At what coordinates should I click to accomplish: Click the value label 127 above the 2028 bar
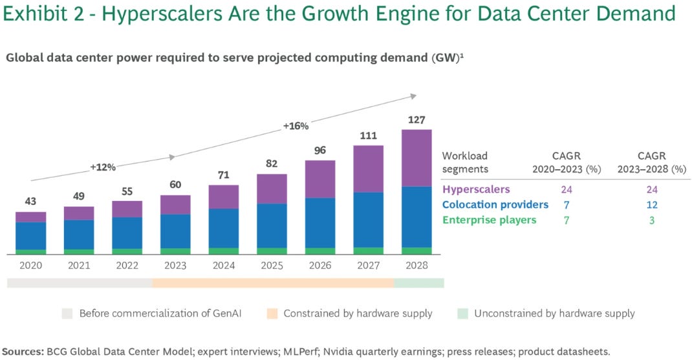pyautogui.click(x=416, y=120)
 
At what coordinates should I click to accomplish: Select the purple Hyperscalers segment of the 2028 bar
pyautogui.click(x=416, y=158)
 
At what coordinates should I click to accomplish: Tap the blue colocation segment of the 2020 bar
pyautogui.click(x=30, y=236)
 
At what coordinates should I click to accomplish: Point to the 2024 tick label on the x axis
pyautogui.click(x=223, y=265)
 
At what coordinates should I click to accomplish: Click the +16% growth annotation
pyautogui.click(x=296, y=125)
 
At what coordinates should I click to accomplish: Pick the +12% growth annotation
pyautogui.click(x=103, y=167)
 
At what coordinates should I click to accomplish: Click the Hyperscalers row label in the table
pyautogui.click(x=475, y=189)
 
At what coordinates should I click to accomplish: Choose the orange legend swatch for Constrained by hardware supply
pyautogui.click(x=272, y=313)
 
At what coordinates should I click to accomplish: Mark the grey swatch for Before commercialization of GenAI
pyautogui.click(x=68, y=313)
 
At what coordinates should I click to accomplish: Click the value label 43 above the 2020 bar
pyautogui.click(x=30, y=202)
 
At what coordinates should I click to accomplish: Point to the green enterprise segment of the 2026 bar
pyautogui.click(x=320, y=251)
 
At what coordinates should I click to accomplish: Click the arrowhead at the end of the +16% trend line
pyautogui.click(x=413, y=96)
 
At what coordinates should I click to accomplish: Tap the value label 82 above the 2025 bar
pyautogui.click(x=272, y=164)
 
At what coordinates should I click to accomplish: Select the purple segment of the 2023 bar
pyautogui.click(x=175, y=204)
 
